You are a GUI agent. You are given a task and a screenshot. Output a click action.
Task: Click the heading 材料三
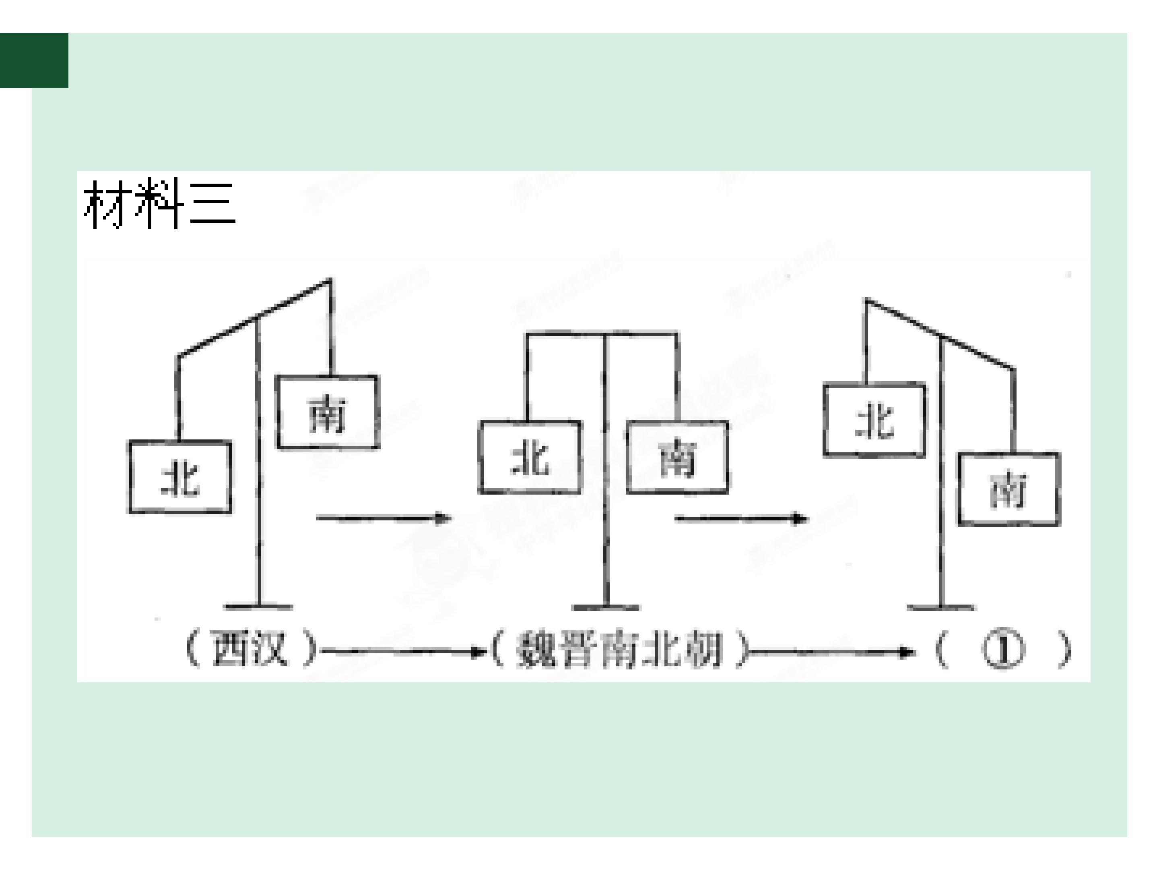coord(159,203)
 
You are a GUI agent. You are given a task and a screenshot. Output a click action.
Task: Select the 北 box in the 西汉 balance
coord(180,477)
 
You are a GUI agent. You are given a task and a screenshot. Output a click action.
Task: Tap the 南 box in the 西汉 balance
coord(328,412)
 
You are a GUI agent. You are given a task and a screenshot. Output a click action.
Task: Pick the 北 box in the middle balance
coord(530,457)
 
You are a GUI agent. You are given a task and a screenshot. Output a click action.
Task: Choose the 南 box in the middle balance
coord(677,457)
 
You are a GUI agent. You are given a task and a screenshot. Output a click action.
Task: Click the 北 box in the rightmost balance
coord(874,420)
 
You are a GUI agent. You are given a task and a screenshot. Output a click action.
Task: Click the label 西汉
coord(250,649)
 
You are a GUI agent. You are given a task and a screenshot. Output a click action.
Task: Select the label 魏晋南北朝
coord(619,650)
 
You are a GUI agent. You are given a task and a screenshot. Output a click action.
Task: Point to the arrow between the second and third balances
coord(741,519)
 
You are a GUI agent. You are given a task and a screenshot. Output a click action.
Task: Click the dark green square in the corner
coord(34,60)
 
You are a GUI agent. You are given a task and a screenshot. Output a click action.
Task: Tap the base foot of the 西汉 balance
coord(258,607)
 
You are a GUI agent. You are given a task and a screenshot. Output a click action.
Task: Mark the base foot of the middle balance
coord(606,608)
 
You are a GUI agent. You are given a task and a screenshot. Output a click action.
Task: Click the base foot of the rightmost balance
coord(941,608)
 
